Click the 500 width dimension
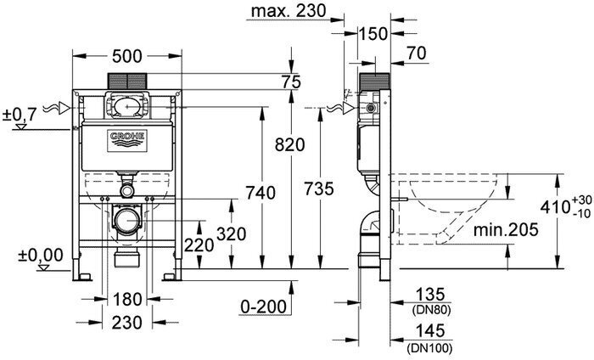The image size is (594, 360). click(x=127, y=57)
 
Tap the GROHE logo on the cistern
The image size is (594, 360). click(x=127, y=141)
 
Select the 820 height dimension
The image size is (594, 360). click(x=290, y=145)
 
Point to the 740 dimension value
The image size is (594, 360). click(x=261, y=193)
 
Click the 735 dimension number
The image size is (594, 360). click(x=319, y=188)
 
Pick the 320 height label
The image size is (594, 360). click(x=232, y=233)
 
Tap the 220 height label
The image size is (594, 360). click(x=199, y=245)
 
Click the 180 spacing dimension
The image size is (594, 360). click(x=127, y=300)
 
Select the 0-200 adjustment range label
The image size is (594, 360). click(x=264, y=307)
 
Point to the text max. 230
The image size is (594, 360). click(x=289, y=11)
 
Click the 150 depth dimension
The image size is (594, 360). click(x=373, y=34)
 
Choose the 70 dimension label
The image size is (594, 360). click(x=417, y=53)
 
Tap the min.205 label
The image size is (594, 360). click(x=506, y=229)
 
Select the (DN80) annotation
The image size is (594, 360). click(x=431, y=311)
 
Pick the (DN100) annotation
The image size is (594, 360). click(x=429, y=347)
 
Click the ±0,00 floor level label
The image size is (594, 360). click(x=41, y=255)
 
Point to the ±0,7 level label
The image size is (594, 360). click(x=20, y=114)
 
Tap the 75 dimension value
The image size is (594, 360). click(x=291, y=82)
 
